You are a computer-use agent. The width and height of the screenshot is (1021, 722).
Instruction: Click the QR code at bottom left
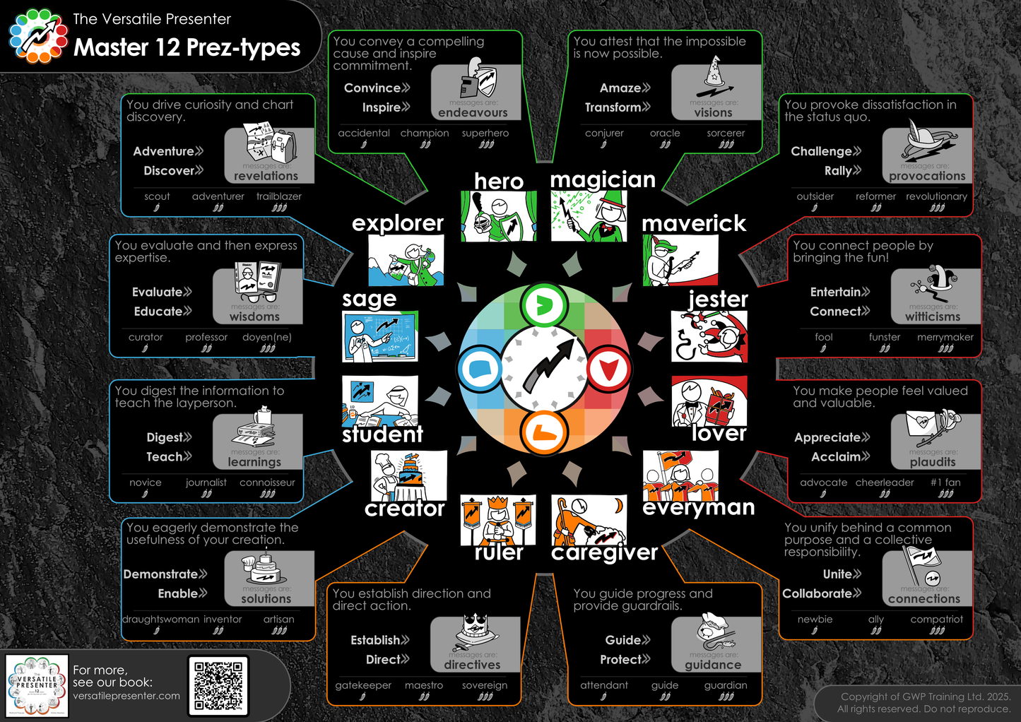(218, 685)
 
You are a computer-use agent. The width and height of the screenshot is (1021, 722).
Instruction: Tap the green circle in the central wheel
(543, 305)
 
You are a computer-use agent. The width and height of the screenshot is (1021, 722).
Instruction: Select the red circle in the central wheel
(608, 369)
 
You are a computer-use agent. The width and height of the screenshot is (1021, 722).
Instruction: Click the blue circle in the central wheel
(480, 369)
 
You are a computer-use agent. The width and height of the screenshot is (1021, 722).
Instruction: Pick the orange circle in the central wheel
(543, 432)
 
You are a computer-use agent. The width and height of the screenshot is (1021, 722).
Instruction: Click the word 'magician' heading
(603, 180)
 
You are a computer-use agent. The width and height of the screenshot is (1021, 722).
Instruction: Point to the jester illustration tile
(709, 337)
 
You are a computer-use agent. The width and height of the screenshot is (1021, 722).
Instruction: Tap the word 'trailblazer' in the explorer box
(278, 196)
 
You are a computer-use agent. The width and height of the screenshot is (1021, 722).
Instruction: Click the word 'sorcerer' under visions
(726, 133)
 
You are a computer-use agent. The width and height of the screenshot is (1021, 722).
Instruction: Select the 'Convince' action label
(372, 88)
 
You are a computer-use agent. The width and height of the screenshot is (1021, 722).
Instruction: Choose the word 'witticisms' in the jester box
(933, 316)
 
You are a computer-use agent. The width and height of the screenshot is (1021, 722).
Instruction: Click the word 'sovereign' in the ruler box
(485, 685)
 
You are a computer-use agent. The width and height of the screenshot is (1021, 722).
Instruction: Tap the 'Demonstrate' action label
(161, 574)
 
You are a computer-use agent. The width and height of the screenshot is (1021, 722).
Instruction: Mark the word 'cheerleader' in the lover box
(885, 483)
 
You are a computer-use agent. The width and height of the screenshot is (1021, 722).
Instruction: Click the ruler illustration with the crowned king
(497, 520)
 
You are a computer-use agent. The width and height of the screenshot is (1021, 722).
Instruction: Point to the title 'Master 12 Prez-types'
(187, 47)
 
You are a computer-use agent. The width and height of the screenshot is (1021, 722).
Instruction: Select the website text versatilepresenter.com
(126, 696)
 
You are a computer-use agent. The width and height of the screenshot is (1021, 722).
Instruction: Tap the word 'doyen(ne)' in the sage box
(267, 337)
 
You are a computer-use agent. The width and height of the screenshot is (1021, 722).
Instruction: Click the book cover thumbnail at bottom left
(37, 685)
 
